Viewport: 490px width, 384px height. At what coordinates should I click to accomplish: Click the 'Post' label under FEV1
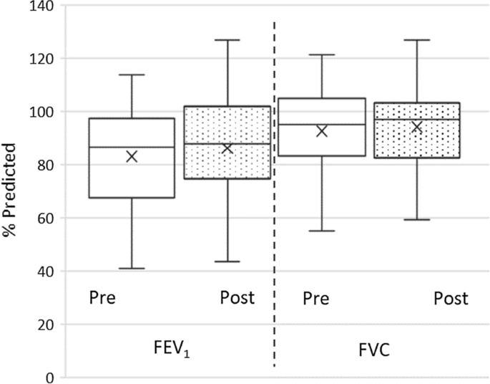tap(237, 297)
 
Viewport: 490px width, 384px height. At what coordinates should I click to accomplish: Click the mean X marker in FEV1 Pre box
tap(132, 156)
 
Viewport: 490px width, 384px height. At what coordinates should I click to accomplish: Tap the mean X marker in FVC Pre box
tap(322, 131)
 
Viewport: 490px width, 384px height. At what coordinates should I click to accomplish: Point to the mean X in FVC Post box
tap(417, 128)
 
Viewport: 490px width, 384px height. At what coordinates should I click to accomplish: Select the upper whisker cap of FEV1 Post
tap(227, 40)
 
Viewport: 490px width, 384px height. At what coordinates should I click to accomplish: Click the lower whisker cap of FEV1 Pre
tap(132, 269)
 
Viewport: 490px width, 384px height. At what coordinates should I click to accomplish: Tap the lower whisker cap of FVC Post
tap(417, 219)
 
